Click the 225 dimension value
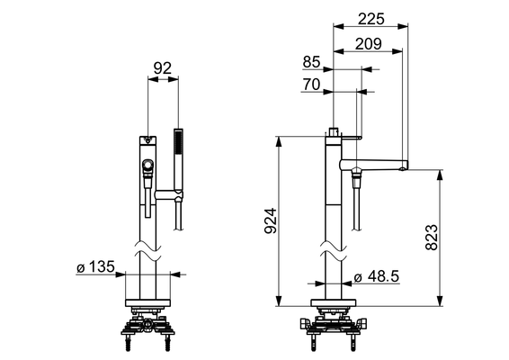point(371,19)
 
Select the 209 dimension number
point(369,44)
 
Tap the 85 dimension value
point(311,62)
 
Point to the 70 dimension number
point(311,85)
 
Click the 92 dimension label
point(162,68)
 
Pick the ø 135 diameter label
point(95,267)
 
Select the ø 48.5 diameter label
point(377,277)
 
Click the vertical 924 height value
point(271,220)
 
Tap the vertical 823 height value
point(432,238)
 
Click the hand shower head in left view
point(178,159)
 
